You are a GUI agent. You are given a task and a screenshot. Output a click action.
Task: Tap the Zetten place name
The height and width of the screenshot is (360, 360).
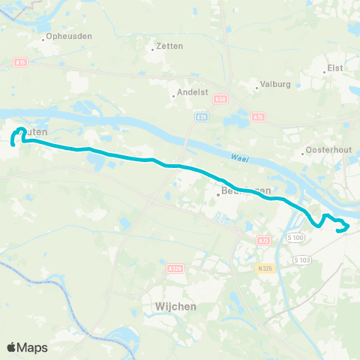pos(170,46)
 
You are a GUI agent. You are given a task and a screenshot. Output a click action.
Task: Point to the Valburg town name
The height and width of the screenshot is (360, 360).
pos(274,85)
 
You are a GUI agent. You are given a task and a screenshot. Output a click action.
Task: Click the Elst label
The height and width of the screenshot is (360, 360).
pos(335,68)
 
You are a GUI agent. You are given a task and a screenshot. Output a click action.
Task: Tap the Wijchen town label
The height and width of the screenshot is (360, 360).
pos(177,306)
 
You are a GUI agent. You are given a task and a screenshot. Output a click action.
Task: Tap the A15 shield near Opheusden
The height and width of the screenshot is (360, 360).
pos(20,62)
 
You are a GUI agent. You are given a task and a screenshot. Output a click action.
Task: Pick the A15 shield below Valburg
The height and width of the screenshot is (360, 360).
pos(258,117)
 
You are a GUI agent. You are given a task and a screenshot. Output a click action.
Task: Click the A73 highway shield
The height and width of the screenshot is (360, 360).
pos(262,240)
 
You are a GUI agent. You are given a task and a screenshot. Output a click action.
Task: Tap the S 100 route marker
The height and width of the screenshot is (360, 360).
pos(296,238)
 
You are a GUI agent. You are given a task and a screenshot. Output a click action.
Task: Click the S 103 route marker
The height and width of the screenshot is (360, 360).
pos(301,259)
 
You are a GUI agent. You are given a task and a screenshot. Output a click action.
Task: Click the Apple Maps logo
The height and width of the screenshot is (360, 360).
pos(28,347)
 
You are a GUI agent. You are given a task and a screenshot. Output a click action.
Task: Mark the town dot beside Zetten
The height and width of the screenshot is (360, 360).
pos(152,46)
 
